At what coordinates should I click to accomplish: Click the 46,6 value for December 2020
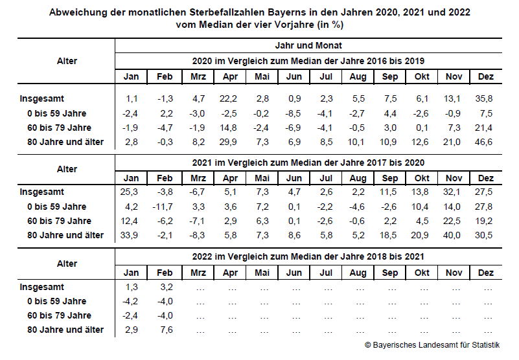485,142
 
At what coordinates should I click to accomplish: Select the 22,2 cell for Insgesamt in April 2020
229,98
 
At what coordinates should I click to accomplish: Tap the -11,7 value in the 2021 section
165,207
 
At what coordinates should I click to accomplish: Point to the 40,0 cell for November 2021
454,235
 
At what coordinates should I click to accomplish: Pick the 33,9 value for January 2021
132,235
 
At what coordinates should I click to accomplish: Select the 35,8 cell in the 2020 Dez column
485,98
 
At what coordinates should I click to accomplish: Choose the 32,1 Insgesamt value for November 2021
454,192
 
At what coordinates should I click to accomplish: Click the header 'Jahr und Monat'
308,45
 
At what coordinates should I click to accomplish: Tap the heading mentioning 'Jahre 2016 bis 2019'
308,61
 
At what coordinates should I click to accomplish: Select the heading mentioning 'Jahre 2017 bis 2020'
308,162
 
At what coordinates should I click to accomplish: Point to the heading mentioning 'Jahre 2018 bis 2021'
308,256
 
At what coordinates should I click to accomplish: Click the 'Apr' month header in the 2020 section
229,76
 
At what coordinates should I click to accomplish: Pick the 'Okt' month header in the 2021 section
422,177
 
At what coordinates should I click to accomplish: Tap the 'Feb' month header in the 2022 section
165,272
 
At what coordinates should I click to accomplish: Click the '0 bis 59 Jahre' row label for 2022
56,301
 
